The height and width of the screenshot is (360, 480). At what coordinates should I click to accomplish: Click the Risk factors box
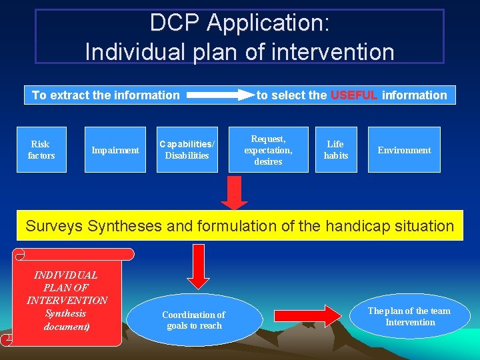pos(41,150)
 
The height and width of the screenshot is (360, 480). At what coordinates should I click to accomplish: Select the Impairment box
pos(115,150)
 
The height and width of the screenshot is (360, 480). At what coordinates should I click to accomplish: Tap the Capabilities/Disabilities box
pos(187,150)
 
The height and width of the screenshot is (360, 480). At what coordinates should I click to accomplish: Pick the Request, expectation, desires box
pos(268,150)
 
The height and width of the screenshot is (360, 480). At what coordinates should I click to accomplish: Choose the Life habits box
pos(336,150)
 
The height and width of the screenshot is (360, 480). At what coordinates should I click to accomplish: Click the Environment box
pos(404,150)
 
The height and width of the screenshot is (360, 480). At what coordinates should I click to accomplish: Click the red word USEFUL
pos(354,95)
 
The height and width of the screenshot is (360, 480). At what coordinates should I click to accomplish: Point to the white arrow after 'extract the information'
pos(220,95)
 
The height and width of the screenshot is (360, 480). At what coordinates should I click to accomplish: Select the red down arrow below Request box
pos(234,193)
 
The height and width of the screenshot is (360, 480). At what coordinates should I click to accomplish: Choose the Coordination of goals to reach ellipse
pos(194,320)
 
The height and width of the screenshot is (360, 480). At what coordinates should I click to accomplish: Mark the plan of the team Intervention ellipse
pos(410,317)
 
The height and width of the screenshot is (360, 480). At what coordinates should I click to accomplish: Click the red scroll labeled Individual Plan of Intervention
pos(67,300)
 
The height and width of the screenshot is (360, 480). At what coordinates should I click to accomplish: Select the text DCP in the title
pos(175,23)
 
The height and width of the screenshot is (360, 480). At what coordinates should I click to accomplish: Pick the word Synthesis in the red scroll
pos(65,313)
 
